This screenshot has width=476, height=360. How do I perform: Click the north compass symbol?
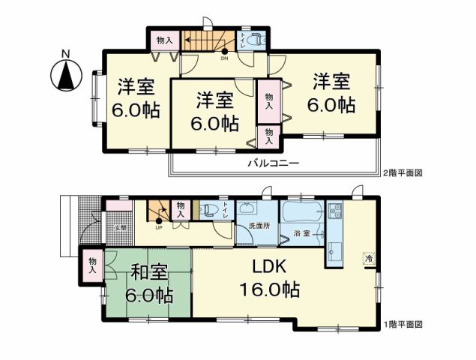[x=65, y=75]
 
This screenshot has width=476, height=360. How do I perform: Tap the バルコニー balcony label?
[x=274, y=163]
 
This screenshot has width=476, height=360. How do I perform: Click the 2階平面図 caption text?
[x=403, y=172]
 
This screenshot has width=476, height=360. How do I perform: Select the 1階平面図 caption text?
[x=403, y=325]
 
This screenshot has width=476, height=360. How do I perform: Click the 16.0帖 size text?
[x=270, y=289]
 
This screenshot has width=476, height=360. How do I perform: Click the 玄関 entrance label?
[x=119, y=226]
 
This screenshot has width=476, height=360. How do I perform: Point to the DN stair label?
[x=223, y=58]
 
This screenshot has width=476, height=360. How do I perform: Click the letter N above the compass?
[x=65, y=53]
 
